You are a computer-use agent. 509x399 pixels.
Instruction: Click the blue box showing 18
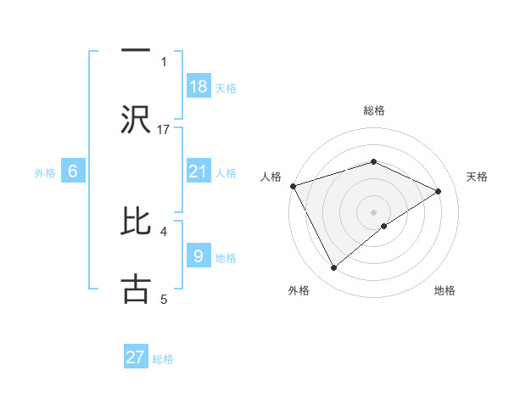tap(199, 87)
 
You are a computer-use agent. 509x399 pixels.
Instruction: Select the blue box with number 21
tap(199, 171)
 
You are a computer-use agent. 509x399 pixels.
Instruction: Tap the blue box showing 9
tap(199, 255)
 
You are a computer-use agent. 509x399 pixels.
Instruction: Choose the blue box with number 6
tap(73, 171)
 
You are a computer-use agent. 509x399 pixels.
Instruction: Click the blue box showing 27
tap(136, 357)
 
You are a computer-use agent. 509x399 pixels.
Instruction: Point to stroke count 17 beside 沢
tap(164, 129)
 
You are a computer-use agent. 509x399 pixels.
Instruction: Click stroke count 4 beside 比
tap(164, 230)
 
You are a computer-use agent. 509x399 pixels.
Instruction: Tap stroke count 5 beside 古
tap(164, 298)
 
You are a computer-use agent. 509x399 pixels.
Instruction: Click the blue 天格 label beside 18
tap(225, 88)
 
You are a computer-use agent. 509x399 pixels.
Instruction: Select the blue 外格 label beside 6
tap(45, 172)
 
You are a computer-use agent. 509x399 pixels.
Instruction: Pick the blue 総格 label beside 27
tap(163, 359)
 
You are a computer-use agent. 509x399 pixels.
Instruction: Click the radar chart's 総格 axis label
tap(374, 110)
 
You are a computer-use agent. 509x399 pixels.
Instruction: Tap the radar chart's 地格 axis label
tap(445, 291)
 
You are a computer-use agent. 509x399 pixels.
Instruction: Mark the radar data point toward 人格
tap(293, 186)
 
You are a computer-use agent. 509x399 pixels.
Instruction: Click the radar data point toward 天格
tap(439, 191)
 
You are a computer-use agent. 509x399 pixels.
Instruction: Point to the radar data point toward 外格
tap(334, 268)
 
